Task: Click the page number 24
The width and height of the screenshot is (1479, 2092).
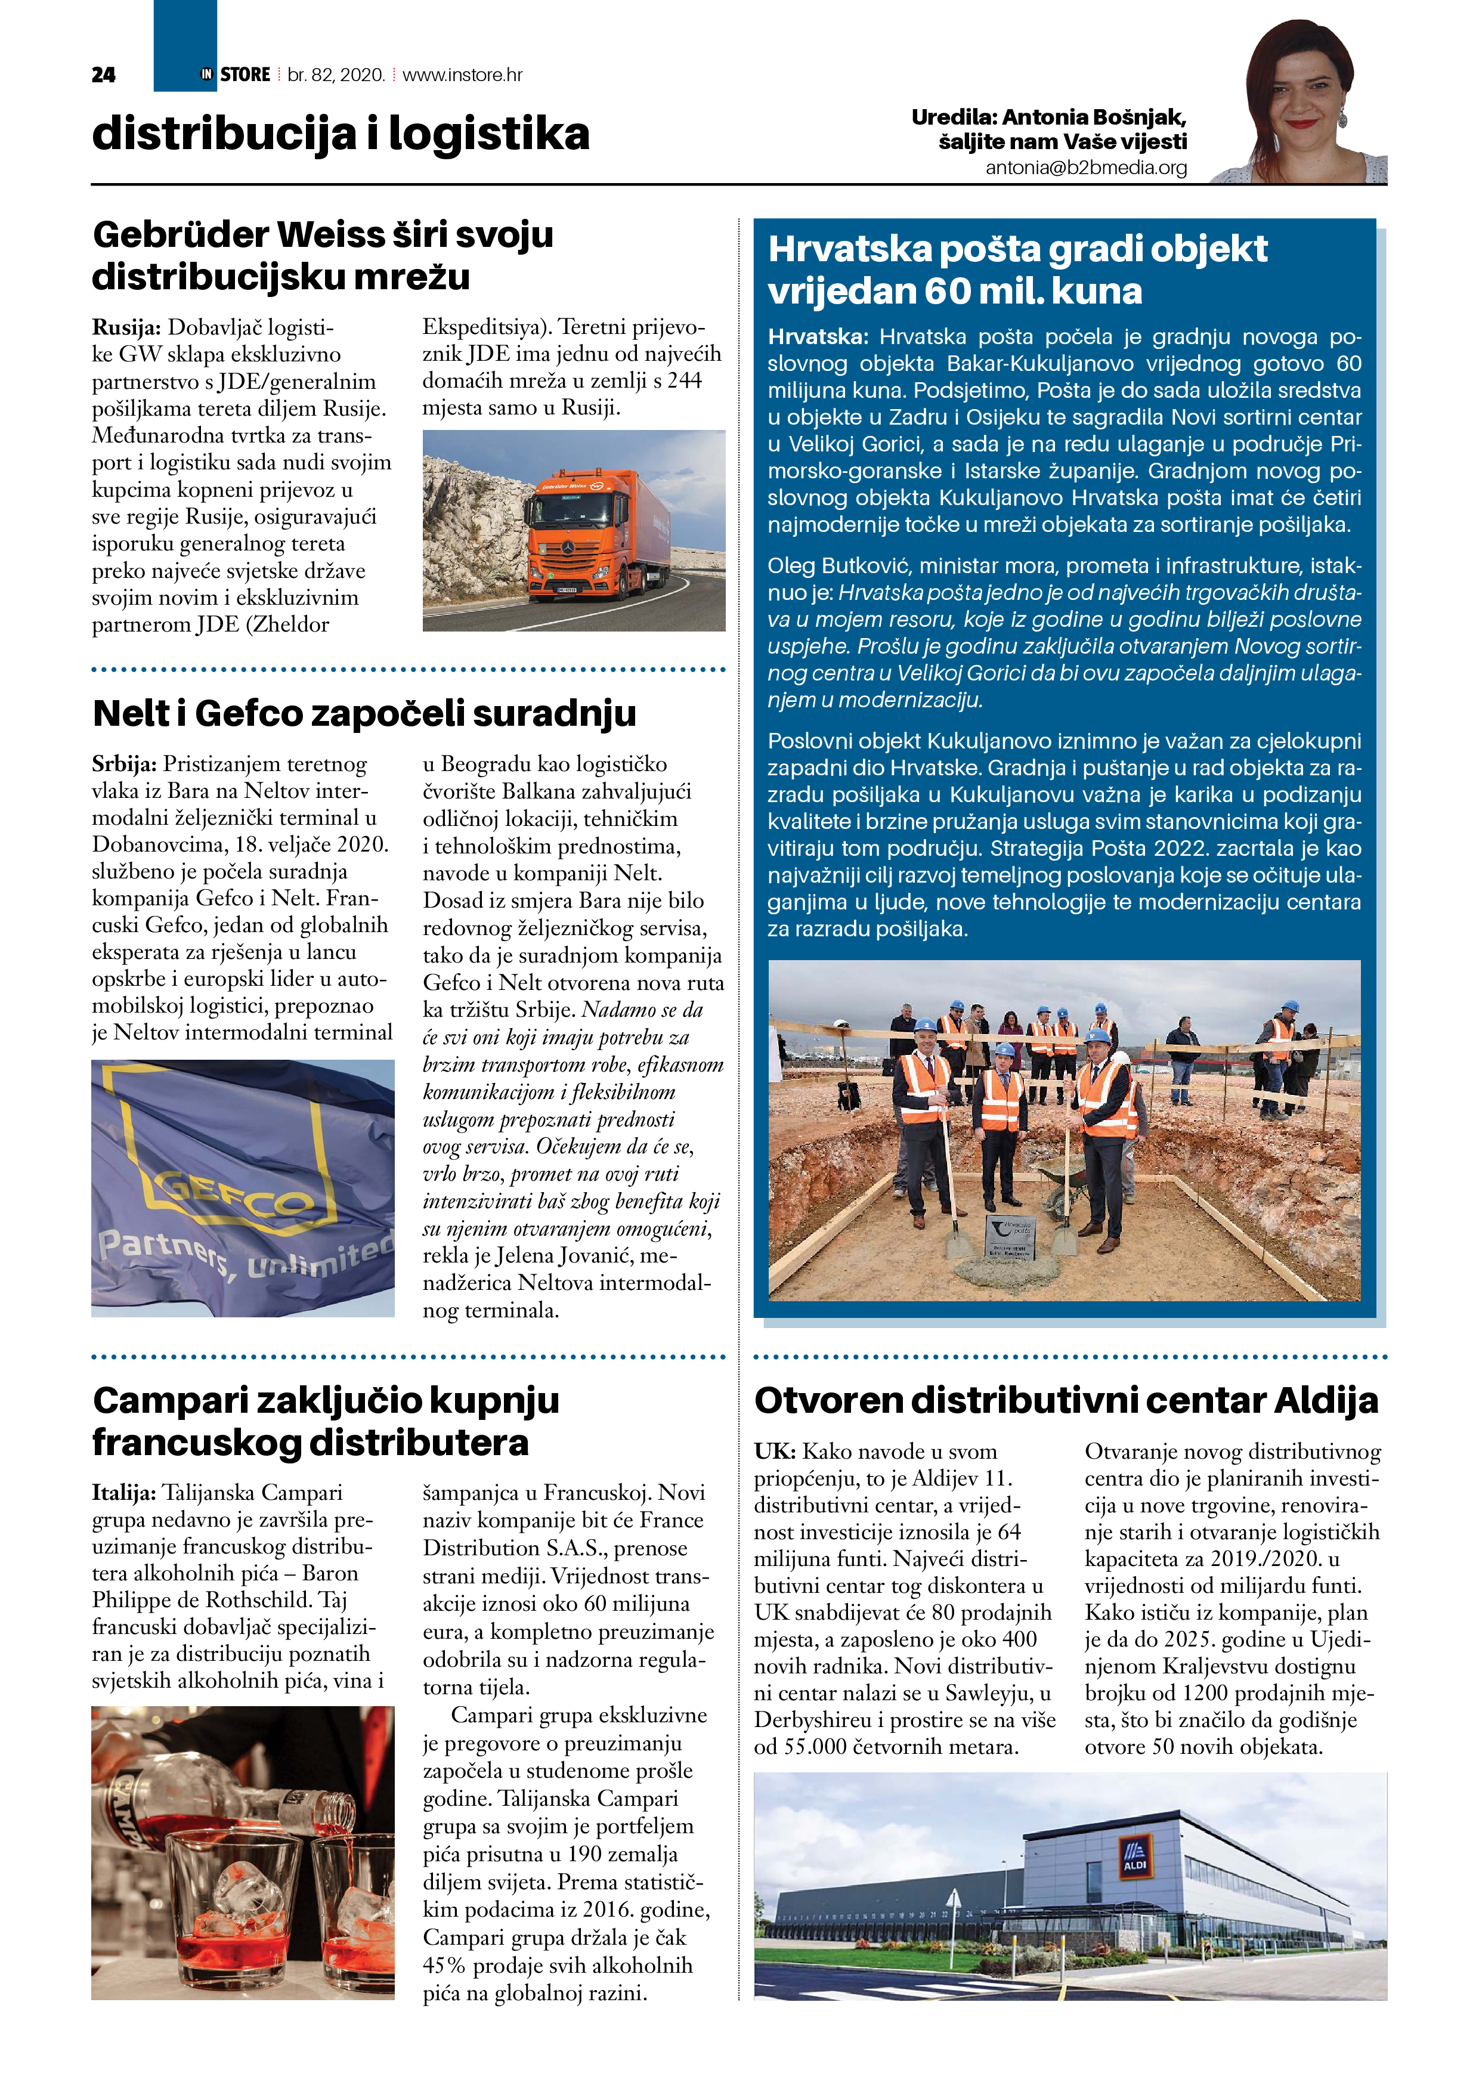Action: click(103, 75)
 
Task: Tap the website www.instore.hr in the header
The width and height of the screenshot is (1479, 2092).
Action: click(462, 75)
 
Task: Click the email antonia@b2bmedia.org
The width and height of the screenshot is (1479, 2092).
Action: click(1086, 168)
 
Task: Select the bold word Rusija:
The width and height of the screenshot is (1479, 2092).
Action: click(126, 327)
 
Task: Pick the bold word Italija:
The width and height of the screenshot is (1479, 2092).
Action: click(124, 1493)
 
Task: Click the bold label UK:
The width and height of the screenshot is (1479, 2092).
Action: click(775, 1452)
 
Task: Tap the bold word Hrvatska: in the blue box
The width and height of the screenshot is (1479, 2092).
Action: click(818, 337)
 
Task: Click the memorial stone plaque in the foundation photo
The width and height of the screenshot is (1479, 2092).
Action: click(1011, 1237)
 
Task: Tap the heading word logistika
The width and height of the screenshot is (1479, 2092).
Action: click(490, 135)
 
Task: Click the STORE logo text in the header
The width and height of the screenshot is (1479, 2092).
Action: click(245, 75)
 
